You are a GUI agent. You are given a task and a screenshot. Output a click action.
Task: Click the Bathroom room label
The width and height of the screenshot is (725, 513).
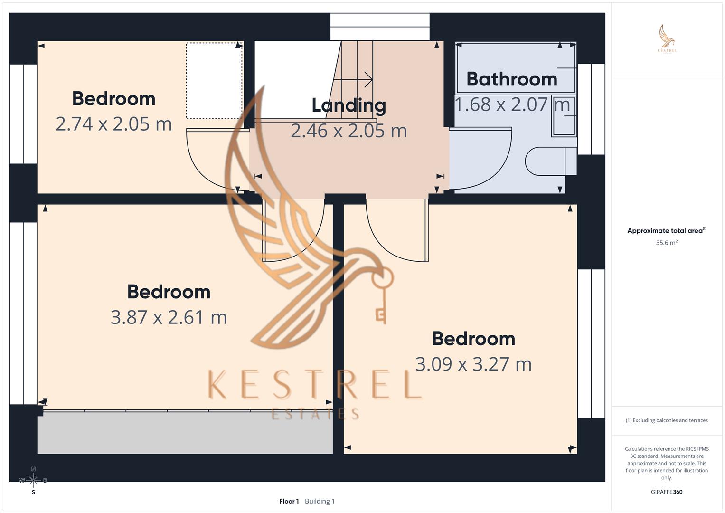click(x=511, y=79)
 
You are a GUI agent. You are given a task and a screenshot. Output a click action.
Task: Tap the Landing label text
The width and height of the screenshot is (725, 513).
click(x=348, y=105)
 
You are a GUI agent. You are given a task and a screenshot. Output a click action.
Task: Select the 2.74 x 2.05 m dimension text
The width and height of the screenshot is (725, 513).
click(x=113, y=124)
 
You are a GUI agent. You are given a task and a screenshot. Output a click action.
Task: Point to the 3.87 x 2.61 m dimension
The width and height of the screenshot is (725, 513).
click(x=169, y=317)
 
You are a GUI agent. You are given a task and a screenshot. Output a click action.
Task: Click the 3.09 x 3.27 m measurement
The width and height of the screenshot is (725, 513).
click(x=473, y=364)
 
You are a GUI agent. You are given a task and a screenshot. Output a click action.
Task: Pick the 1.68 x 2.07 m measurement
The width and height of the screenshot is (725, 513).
click(x=512, y=104)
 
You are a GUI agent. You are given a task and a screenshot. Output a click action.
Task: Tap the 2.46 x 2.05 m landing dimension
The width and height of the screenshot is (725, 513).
click(x=348, y=131)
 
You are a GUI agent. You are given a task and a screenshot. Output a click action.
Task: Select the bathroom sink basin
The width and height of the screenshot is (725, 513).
click(x=564, y=116)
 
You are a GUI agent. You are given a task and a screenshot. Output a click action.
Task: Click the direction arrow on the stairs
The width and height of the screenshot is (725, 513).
click(x=354, y=80)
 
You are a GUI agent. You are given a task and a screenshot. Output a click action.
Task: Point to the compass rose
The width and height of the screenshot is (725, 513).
click(x=33, y=480)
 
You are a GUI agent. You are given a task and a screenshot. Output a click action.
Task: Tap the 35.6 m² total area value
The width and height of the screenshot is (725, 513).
click(x=666, y=243)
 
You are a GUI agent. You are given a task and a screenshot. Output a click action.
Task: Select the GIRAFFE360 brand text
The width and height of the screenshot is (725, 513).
click(x=666, y=492)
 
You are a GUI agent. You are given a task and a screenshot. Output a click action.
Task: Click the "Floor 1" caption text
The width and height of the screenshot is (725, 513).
click(x=289, y=501)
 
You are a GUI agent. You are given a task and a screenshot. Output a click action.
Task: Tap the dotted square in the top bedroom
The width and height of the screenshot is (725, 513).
click(x=214, y=81)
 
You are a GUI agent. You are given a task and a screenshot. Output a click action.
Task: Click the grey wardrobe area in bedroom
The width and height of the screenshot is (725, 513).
click(x=185, y=432)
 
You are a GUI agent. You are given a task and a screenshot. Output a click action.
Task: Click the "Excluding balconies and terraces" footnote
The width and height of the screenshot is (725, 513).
click(x=666, y=420)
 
